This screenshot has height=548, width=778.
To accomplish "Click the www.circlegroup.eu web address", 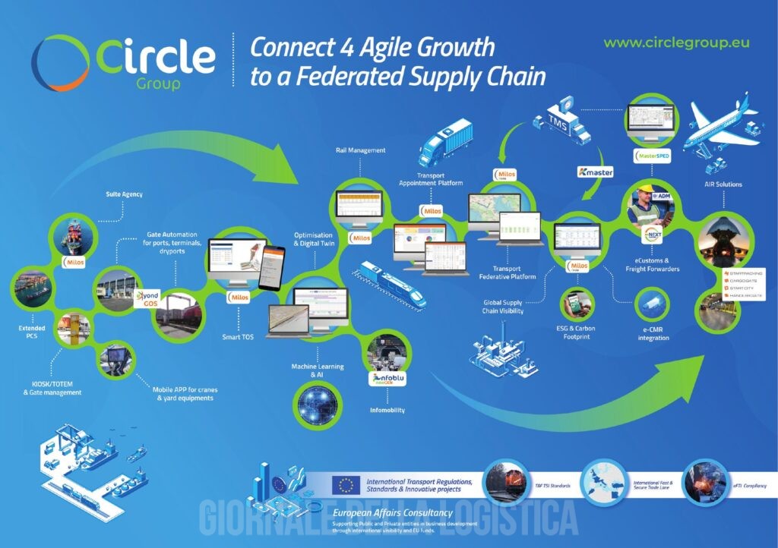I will click(x=676, y=43).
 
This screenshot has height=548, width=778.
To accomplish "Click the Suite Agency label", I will click(x=124, y=195).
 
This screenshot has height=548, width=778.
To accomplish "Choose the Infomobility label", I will click(x=387, y=410).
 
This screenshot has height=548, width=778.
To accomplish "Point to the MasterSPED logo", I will click(x=652, y=156).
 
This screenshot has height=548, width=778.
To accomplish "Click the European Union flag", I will click(x=346, y=485).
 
